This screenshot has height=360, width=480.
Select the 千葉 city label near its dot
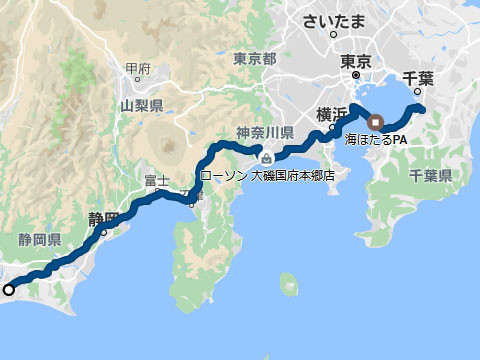[416, 76]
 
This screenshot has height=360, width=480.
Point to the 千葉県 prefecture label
[430, 175]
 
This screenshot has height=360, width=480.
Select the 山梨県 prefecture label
[141, 104]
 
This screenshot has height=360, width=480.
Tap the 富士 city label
[156, 180]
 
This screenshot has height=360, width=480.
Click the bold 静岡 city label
[103, 217]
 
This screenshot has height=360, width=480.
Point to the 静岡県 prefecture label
[39, 240]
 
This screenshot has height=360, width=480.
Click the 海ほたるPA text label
[376, 139]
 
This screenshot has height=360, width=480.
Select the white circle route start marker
[9, 290]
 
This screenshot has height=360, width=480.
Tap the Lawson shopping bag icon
[264, 157]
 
